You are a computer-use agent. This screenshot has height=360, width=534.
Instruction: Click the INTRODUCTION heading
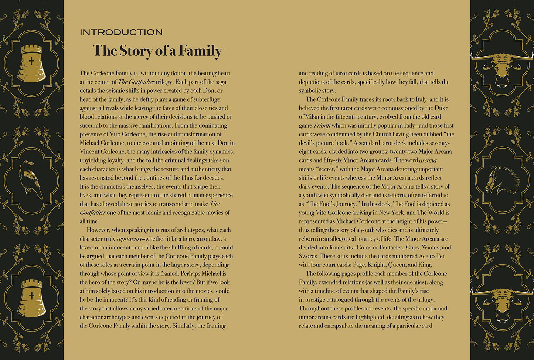121,33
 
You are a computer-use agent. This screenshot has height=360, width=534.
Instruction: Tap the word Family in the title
200,51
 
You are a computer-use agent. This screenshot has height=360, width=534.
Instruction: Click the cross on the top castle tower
31,61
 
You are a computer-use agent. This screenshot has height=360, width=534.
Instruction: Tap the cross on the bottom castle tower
31,295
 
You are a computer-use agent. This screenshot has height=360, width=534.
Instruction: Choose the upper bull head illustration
501,68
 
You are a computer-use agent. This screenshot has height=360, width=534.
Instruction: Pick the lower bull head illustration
501,303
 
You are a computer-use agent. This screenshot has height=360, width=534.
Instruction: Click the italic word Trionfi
322,125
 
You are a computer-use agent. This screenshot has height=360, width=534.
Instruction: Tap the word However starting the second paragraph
98,230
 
